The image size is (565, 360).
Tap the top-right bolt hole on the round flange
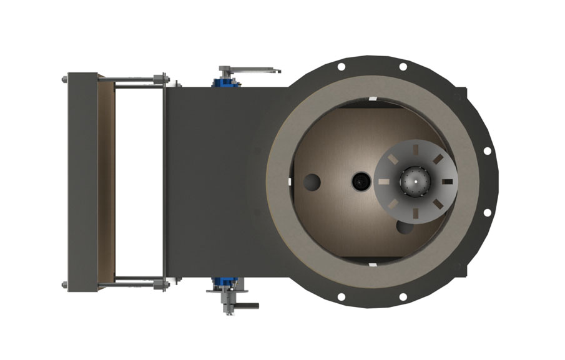402,66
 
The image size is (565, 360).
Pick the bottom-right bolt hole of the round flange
402,296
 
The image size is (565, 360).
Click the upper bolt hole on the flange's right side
488,150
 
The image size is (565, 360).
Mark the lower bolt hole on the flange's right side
488,212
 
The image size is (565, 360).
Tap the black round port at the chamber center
361,182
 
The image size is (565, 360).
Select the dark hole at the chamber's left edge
312,182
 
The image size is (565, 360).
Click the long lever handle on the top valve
256,69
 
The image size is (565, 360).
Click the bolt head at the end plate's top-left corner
64,79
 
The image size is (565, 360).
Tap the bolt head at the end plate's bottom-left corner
64,285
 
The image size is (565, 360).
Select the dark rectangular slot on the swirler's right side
446,182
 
